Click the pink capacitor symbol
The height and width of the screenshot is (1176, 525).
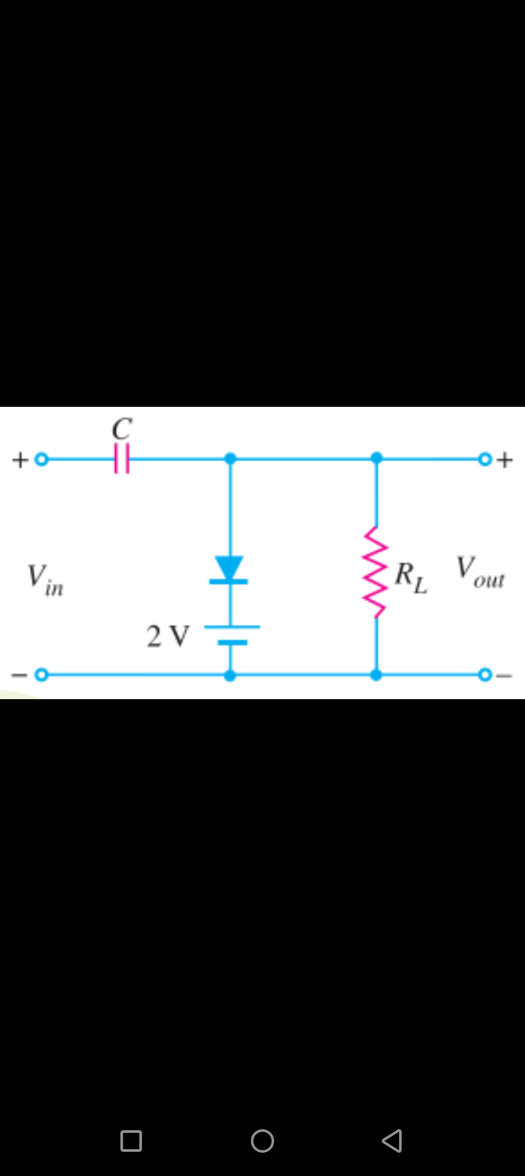122,459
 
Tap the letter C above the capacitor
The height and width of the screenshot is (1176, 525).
122,428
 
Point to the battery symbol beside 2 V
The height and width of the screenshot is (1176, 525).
231,635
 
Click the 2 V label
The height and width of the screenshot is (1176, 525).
168,636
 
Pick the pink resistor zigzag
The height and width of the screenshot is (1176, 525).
376,572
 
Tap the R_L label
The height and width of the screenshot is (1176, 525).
411,578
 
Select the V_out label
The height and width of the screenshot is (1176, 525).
480,572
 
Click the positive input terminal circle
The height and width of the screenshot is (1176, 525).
42,460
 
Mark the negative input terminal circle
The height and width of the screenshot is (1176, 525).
42,675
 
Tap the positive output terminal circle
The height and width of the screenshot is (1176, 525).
485,460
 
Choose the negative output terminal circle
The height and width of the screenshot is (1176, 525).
485,675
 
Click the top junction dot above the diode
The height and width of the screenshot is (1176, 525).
230,459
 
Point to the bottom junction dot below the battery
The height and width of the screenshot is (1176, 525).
230,676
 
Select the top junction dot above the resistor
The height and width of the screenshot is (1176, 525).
376,458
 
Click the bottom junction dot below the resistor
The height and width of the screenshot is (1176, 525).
376,676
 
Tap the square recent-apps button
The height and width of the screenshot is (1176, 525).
131,1141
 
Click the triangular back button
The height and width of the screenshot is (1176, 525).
392,1140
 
